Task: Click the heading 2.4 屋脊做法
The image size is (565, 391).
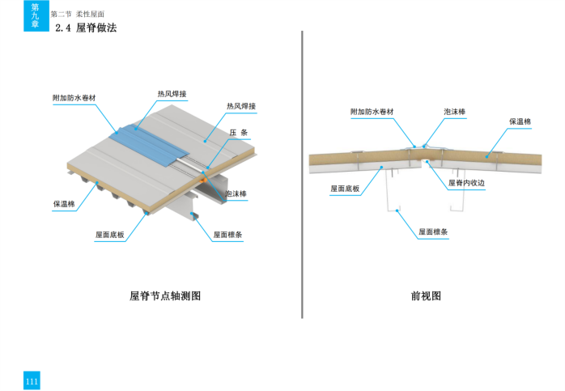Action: [x=85, y=28]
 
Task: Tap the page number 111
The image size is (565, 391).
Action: [x=32, y=381]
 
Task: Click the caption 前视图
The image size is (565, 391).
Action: [x=426, y=296]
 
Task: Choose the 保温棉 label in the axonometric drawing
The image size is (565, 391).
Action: [x=64, y=204]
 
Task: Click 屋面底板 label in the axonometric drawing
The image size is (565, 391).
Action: [x=109, y=235]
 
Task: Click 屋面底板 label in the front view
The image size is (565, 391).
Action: [x=344, y=188]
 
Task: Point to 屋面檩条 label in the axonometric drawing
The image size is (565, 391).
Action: [x=228, y=235]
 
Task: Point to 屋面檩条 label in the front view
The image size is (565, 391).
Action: [x=434, y=232]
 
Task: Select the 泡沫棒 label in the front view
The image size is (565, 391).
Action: [x=454, y=112]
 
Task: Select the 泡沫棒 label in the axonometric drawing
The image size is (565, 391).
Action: [x=236, y=194]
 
